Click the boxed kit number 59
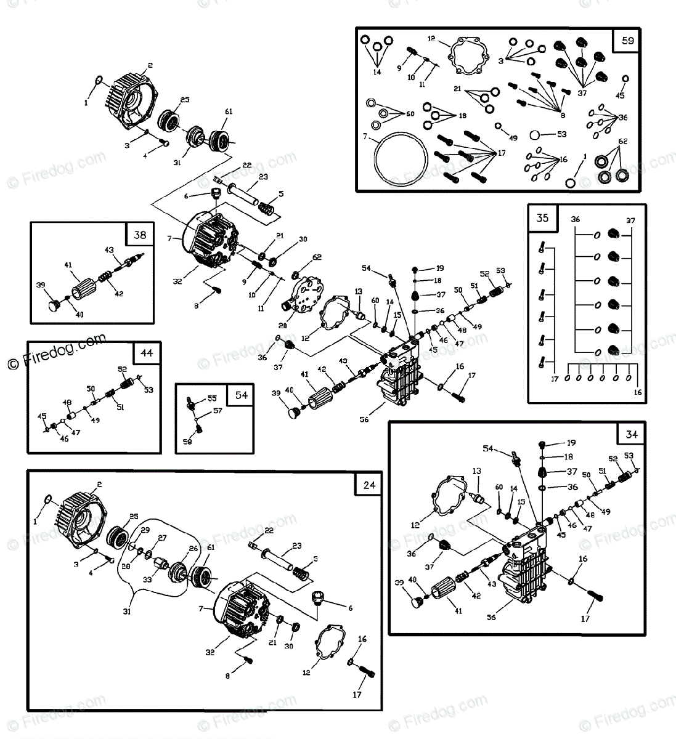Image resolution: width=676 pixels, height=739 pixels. (627, 42)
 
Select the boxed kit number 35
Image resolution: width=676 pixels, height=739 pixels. (542, 218)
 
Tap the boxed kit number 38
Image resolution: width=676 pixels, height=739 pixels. (140, 235)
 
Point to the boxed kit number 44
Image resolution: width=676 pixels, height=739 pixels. (147, 353)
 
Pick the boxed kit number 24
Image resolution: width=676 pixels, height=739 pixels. (369, 485)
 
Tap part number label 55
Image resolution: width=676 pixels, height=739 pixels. (211, 398)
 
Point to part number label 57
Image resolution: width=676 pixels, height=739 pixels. (218, 411)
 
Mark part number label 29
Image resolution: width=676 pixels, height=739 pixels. (145, 530)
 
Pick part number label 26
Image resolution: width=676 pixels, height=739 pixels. (193, 548)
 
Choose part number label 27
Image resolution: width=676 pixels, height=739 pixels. (163, 538)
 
